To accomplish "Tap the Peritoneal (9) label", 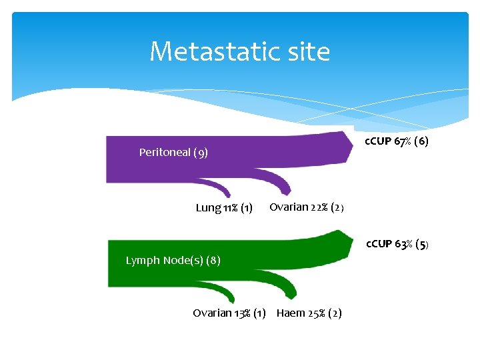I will click(x=173, y=153).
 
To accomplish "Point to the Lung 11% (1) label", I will click(x=224, y=208).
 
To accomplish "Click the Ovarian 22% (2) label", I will click(x=307, y=207).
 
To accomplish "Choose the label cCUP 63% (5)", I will click(x=397, y=244).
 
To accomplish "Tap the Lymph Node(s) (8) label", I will click(x=173, y=260).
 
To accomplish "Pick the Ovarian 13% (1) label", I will click(x=229, y=313).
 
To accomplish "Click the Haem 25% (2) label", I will click(x=309, y=313).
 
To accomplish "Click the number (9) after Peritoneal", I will click(x=201, y=153).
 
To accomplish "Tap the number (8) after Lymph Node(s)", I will click(x=213, y=260).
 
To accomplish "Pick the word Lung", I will click(x=207, y=208).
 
